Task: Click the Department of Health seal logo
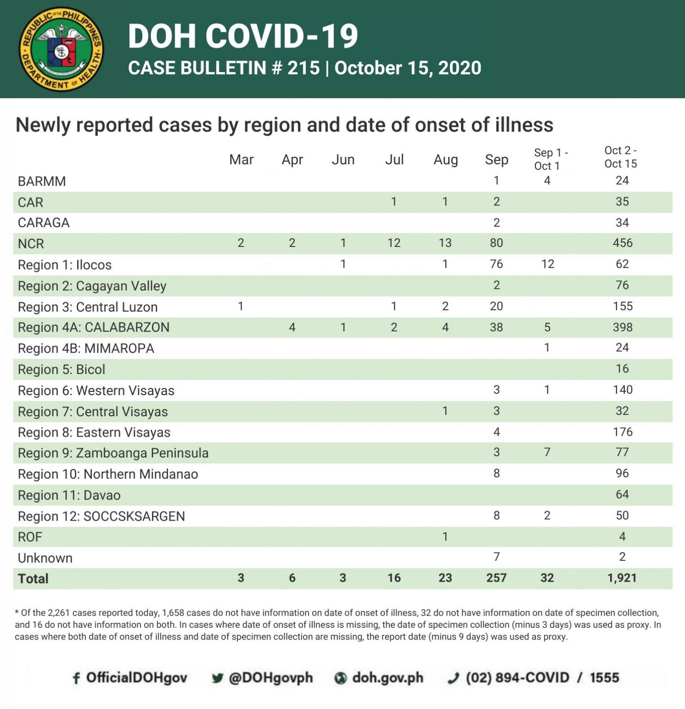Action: click(x=61, y=49)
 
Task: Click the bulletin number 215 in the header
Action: click(x=303, y=68)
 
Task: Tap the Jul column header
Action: click(x=394, y=160)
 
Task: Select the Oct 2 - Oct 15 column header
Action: click(x=620, y=157)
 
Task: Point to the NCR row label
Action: click(x=31, y=244)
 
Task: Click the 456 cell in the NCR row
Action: click(x=622, y=243)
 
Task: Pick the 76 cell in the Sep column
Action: click(x=496, y=264)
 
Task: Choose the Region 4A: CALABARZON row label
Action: click(x=93, y=327)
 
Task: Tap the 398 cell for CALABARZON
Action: click(x=622, y=327)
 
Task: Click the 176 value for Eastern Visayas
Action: click(x=622, y=432)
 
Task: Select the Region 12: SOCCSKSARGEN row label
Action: click(x=101, y=516)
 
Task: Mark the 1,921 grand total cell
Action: click(x=622, y=578)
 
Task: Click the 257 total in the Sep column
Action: click(x=496, y=578)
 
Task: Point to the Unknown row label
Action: click(x=45, y=558)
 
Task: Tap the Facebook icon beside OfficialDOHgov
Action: click(x=77, y=678)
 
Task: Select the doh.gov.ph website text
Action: click(x=388, y=678)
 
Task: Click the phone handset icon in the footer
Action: click(x=454, y=678)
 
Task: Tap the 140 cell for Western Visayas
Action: click(x=622, y=390)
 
